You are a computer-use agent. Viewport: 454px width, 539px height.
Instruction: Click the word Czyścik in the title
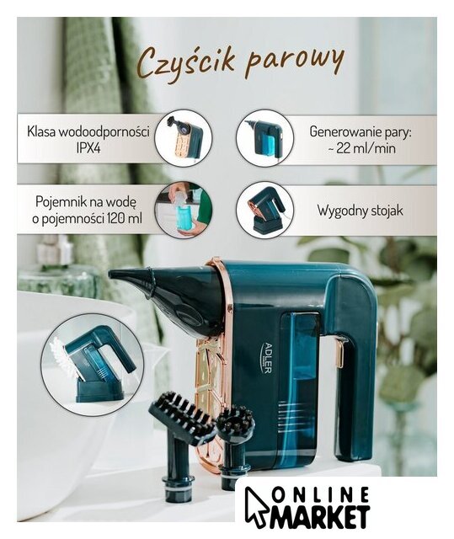(x=188, y=62)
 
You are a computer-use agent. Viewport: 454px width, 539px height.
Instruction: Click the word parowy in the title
(x=295, y=64)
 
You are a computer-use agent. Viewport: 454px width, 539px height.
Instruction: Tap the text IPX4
(x=88, y=149)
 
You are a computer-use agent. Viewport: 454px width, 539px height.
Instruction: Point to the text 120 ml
(x=123, y=218)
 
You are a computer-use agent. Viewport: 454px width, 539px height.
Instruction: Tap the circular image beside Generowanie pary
(x=265, y=139)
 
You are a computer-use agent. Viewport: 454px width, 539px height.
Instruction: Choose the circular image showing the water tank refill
(x=183, y=211)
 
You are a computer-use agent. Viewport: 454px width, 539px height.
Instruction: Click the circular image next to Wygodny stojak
(x=265, y=211)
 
